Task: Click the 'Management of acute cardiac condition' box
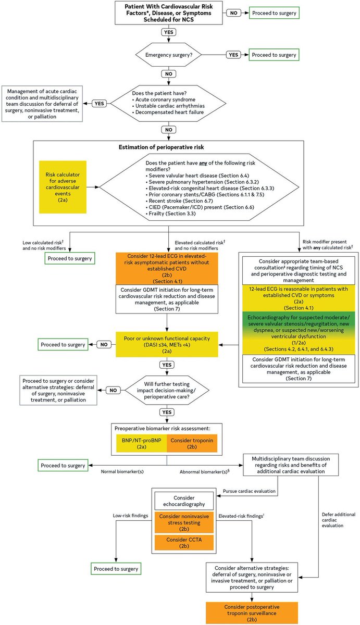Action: point(43,103)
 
